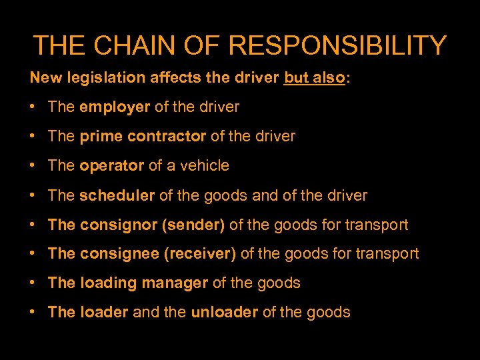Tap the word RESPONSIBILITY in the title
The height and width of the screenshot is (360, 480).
[x=337, y=45]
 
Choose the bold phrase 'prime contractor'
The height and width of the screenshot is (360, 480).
[x=143, y=136]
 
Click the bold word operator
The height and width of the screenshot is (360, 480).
[x=112, y=165]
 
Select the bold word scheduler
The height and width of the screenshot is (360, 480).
[x=117, y=195]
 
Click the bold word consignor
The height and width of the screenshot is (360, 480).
[x=118, y=225]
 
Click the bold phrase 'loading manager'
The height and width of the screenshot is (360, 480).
[x=144, y=283]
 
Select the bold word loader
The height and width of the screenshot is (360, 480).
[x=104, y=312]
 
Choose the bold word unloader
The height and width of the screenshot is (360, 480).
[x=225, y=312]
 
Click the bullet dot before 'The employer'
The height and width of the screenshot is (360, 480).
[x=33, y=107]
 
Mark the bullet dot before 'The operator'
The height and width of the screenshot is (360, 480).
[x=33, y=165]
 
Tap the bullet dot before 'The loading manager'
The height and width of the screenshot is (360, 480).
[x=33, y=283]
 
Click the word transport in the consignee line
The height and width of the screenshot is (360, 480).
[x=388, y=253]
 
